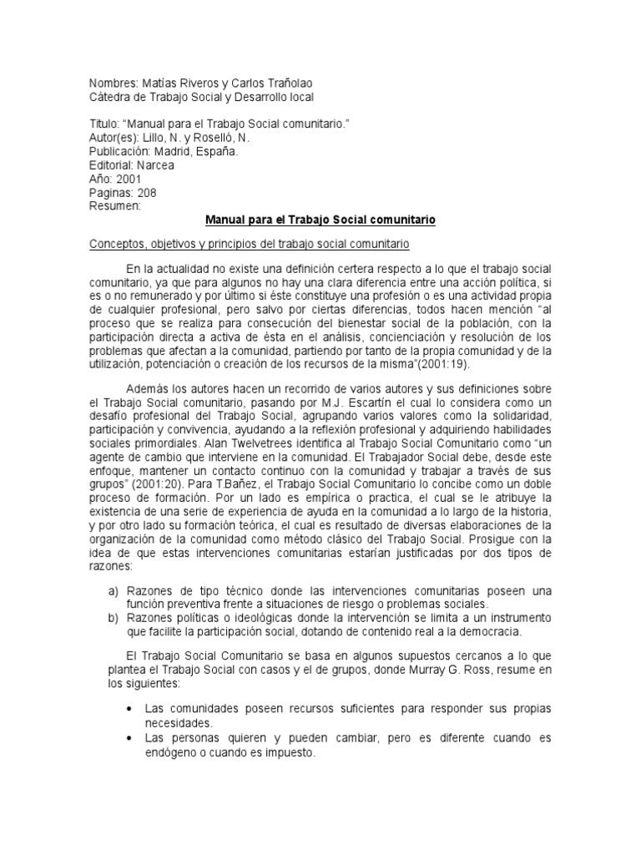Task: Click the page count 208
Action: pyautogui.click(x=143, y=192)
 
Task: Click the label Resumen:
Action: pyautogui.click(x=115, y=205)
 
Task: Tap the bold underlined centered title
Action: pyautogui.click(x=320, y=220)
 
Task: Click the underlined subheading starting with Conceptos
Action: pyautogui.click(x=249, y=243)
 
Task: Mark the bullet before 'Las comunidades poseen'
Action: pyautogui.click(x=128, y=709)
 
